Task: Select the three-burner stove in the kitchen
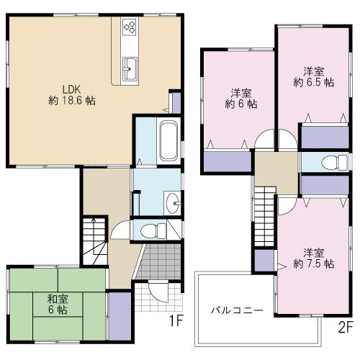[130, 27]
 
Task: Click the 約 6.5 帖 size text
[312, 83]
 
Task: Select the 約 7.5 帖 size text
[312, 264]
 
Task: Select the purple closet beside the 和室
[120, 308]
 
